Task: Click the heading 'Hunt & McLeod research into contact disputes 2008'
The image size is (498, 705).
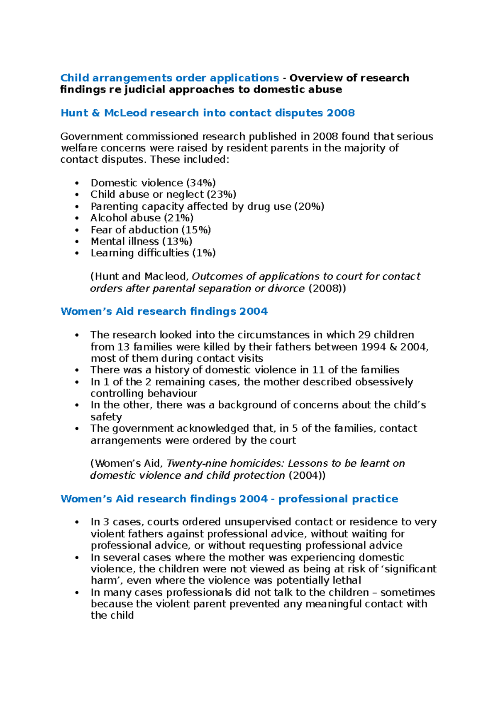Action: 207,113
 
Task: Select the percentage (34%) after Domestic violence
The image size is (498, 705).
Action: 201,183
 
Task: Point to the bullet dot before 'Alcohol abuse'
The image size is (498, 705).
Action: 77,218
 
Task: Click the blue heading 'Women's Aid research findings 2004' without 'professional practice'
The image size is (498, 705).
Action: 164,311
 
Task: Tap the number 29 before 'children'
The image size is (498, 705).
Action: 364,335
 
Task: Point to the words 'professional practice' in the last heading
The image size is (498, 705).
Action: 338,499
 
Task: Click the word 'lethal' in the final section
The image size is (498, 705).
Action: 346,580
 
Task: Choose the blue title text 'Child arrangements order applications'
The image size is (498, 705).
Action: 169,78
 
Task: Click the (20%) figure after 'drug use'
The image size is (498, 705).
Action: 309,206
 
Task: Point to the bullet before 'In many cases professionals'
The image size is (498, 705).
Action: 77,593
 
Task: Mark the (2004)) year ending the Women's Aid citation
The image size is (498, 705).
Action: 307,475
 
